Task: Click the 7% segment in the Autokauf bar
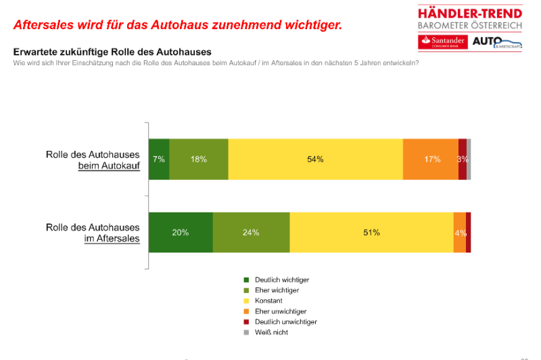[x=159, y=159]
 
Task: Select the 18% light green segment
[x=199, y=159]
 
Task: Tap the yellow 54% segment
[x=315, y=159]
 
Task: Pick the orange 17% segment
[x=431, y=159]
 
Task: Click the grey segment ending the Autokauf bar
[x=469, y=159]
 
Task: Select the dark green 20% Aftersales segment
[x=181, y=232]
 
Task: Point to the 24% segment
[x=251, y=232]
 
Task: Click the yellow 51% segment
[x=371, y=232]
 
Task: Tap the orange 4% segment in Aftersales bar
[x=459, y=232]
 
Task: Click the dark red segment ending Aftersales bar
[x=469, y=232]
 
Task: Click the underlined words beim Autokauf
[x=109, y=165]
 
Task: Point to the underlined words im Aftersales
[x=109, y=238]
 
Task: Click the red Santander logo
[x=442, y=41]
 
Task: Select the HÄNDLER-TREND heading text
[x=470, y=13]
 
